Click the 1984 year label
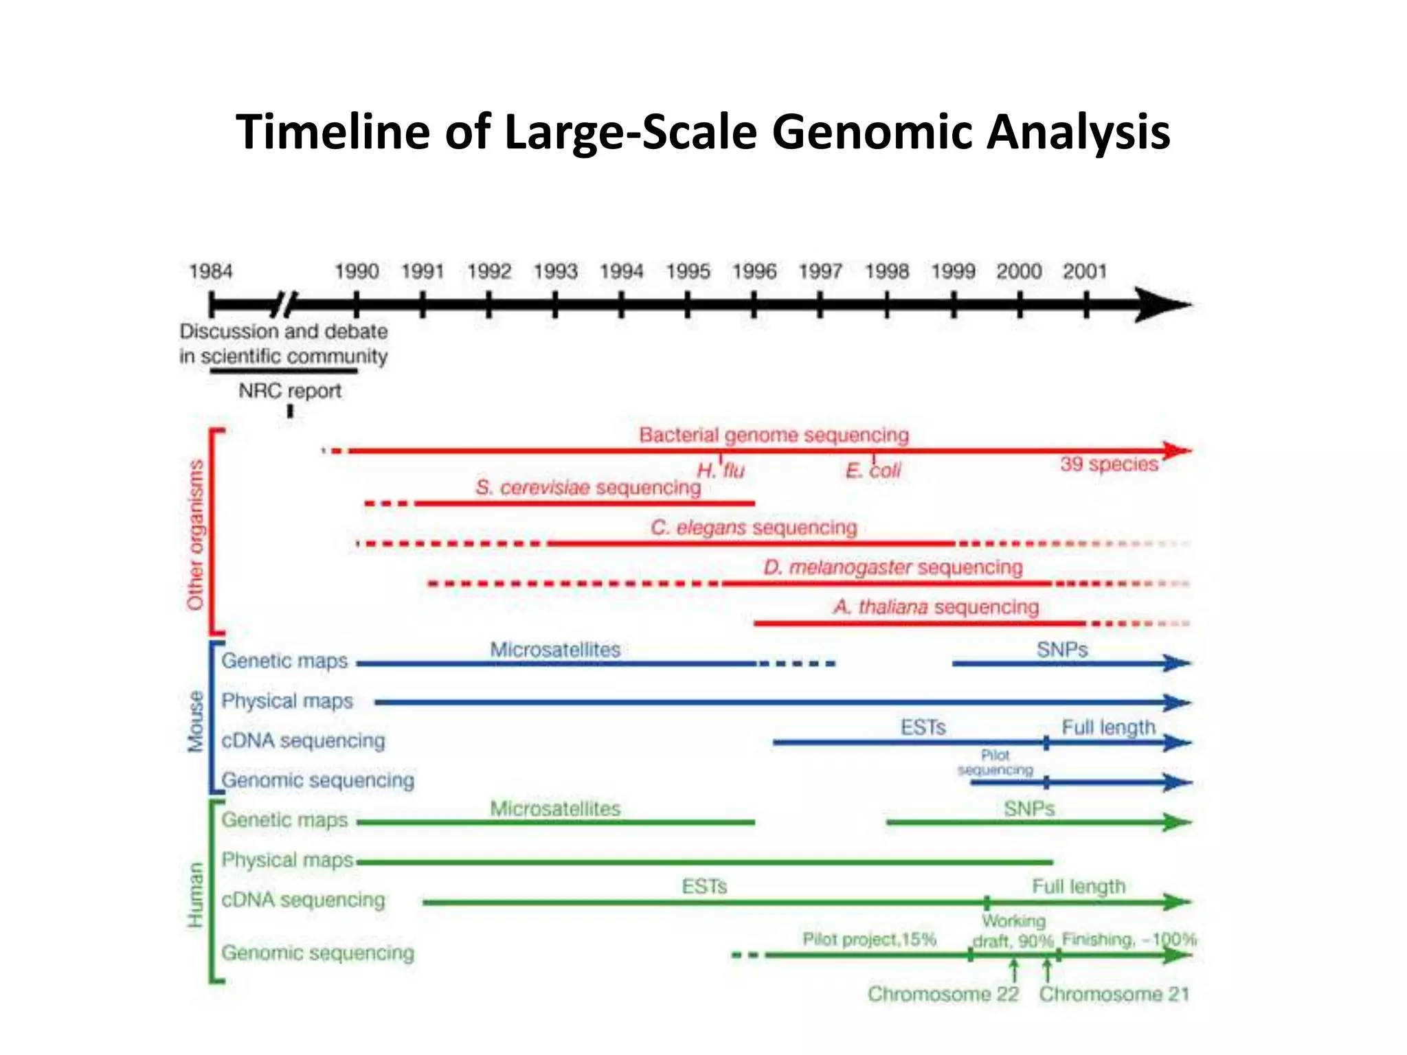[211, 271]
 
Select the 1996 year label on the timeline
[754, 271]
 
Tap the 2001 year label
[1085, 271]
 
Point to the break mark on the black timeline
[284, 304]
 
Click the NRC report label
[290, 391]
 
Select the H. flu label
[721, 470]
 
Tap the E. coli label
[873, 470]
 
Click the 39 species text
[1109, 464]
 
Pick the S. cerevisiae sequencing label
[588, 488]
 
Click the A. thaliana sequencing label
[936, 607]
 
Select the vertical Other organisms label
[196, 534]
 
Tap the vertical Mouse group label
[196, 721]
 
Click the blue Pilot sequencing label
[995, 762]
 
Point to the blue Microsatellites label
[554, 650]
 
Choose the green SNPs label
[1028, 809]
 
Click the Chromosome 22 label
[943, 994]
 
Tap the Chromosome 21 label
[1114, 994]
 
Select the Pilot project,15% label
[869, 939]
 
